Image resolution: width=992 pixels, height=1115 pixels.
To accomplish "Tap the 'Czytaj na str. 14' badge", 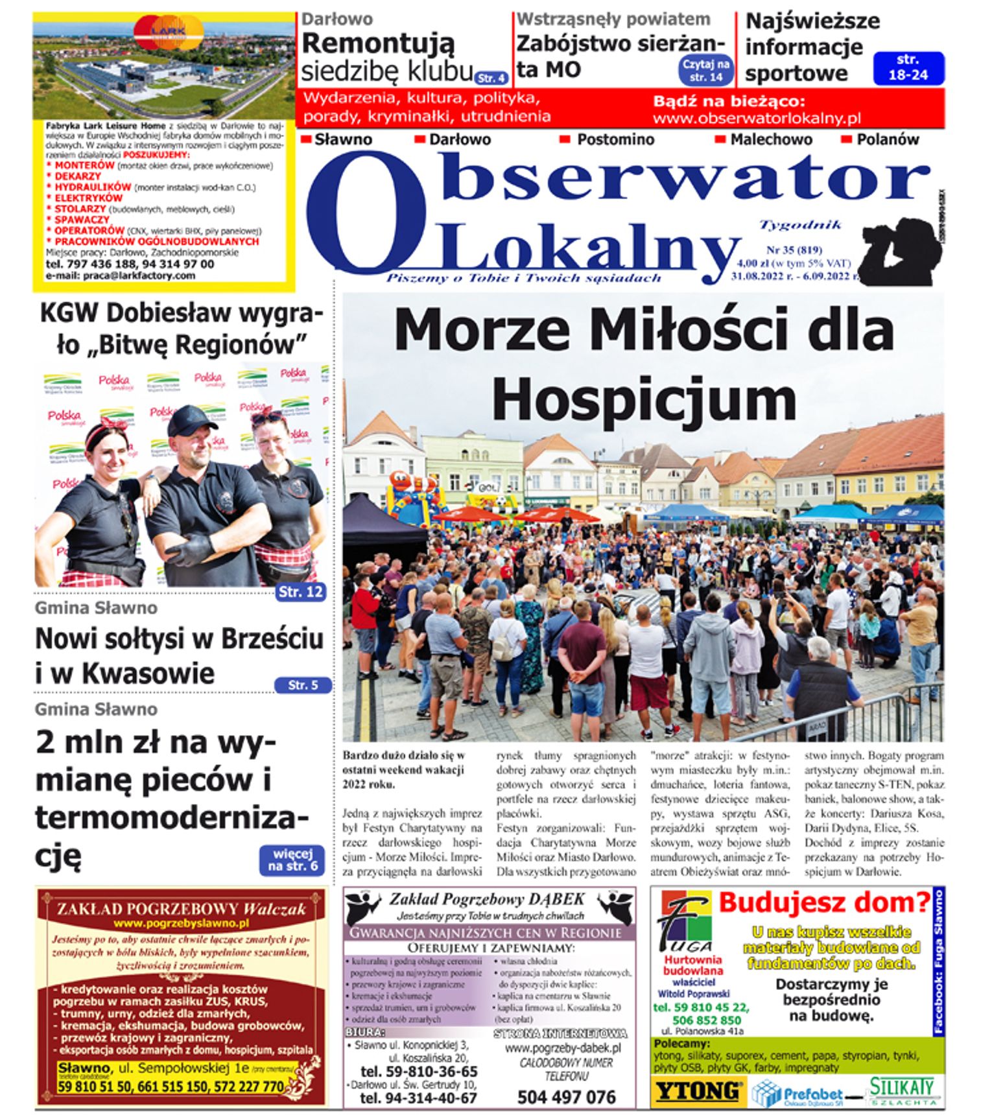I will click(705, 70).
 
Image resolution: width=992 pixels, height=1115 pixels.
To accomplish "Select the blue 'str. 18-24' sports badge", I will click(908, 67).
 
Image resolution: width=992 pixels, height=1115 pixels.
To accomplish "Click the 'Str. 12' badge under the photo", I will click(300, 591).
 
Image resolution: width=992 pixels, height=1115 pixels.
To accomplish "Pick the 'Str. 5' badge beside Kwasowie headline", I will click(303, 685).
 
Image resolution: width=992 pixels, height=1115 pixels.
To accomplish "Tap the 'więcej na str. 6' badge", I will click(292, 860).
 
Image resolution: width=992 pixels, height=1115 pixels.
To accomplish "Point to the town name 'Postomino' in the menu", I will click(615, 139).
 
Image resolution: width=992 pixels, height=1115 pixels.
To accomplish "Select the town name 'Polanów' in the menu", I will click(887, 139).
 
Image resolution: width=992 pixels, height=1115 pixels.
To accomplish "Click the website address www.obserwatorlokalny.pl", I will click(756, 119).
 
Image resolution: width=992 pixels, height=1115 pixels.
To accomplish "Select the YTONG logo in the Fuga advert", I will click(697, 1091).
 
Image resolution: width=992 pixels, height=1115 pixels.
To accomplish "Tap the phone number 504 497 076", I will click(566, 1097).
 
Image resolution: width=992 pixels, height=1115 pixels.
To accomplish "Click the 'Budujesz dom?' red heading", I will click(824, 902).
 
